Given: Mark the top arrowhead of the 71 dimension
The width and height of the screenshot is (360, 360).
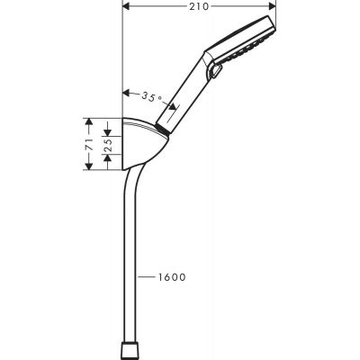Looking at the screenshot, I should pyautogui.click(x=90, y=120).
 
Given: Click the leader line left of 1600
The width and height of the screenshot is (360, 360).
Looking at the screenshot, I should pyautogui.click(x=145, y=276).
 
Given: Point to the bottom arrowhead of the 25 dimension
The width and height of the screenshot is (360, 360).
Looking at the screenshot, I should pyautogui.click(x=107, y=152).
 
